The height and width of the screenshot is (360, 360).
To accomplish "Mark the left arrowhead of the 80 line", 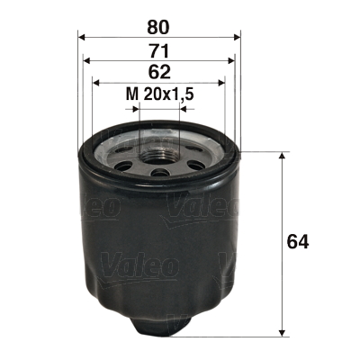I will (81, 37).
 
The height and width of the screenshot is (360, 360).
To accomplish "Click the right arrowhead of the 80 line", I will (238, 37).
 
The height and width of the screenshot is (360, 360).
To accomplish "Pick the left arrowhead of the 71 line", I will (86, 60).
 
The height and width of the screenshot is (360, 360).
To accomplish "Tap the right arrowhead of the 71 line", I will (233, 60).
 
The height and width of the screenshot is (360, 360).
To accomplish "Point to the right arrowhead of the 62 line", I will (224, 84).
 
